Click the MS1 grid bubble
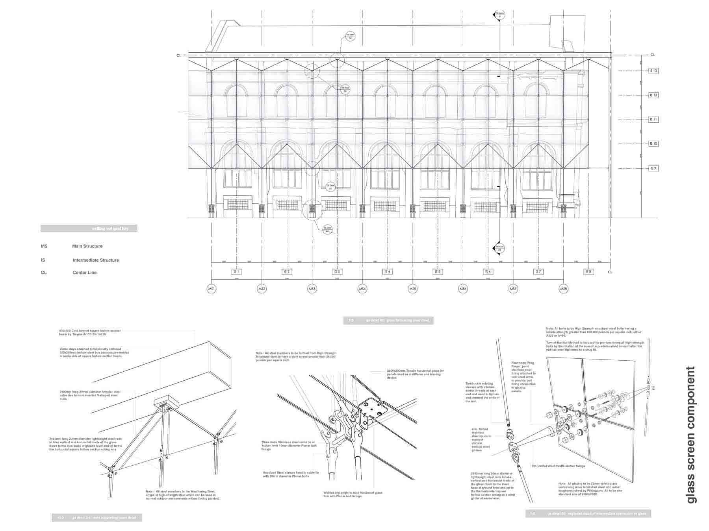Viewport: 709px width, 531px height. point(212,289)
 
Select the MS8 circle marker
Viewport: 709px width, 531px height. point(564,289)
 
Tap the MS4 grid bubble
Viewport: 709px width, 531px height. point(362,289)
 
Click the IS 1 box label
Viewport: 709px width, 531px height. point(236,272)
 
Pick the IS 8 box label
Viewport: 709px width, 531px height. point(588,272)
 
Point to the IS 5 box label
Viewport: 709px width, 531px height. point(438,272)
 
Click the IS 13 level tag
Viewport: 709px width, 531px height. point(653,71)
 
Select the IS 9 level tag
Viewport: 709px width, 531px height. point(653,168)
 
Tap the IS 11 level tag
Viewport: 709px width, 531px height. point(653,120)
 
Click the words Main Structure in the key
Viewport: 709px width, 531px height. point(87,246)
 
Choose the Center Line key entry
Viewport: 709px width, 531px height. point(84,273)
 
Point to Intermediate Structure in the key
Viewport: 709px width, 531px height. point(95,260)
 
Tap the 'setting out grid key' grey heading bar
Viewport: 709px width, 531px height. point(89,229)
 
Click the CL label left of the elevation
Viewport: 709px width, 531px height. point(178,55)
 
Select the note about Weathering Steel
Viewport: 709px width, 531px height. point(182,495)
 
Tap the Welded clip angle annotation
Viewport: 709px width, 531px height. point(353,494)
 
